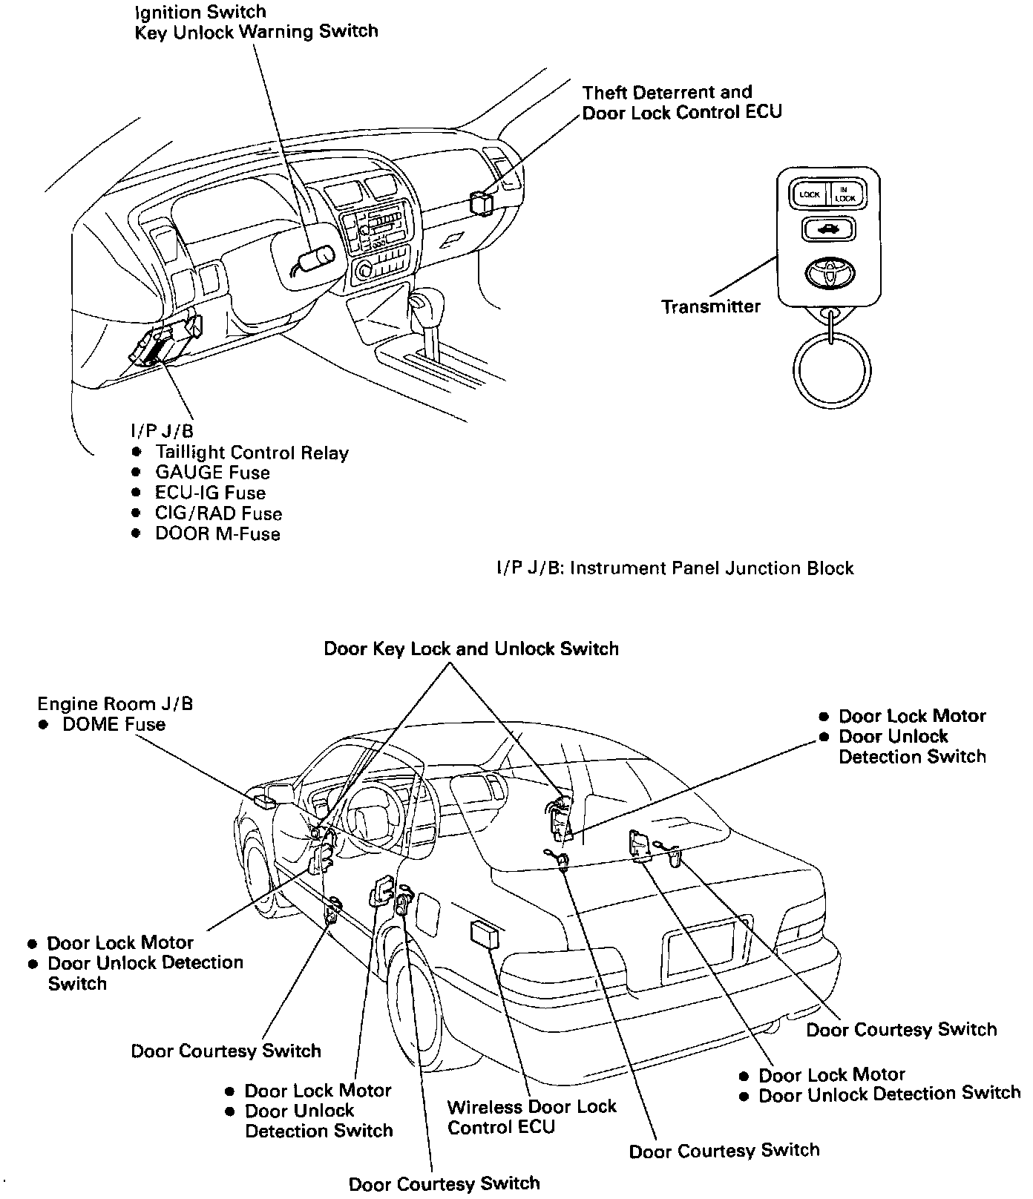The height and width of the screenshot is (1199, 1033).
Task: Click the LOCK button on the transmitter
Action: pos(809,194)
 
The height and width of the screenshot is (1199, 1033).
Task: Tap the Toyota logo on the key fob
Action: pos(827,273)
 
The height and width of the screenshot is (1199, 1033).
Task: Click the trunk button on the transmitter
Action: pos(827,229)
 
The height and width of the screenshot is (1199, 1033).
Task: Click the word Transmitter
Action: pos(710,306)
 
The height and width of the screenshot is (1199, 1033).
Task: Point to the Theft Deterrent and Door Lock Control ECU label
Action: pos(681,102)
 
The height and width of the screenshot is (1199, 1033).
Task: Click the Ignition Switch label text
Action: pos(200,12)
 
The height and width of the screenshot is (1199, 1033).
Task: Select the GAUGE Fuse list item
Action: pos(211,473)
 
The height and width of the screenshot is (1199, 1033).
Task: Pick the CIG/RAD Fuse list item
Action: pos(218,513)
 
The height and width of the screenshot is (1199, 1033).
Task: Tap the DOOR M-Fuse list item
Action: pos(217,534)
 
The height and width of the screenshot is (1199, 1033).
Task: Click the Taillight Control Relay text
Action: pos(252,453)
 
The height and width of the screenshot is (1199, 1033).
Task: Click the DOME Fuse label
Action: pos(114,724)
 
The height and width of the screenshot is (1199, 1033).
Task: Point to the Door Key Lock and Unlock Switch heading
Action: pos(470,649)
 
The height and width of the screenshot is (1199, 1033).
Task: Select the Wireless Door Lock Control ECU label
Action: pos(531,1117)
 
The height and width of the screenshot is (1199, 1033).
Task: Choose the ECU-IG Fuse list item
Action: pos(209,493)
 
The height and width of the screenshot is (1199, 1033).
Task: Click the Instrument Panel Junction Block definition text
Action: pos(675,568)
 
